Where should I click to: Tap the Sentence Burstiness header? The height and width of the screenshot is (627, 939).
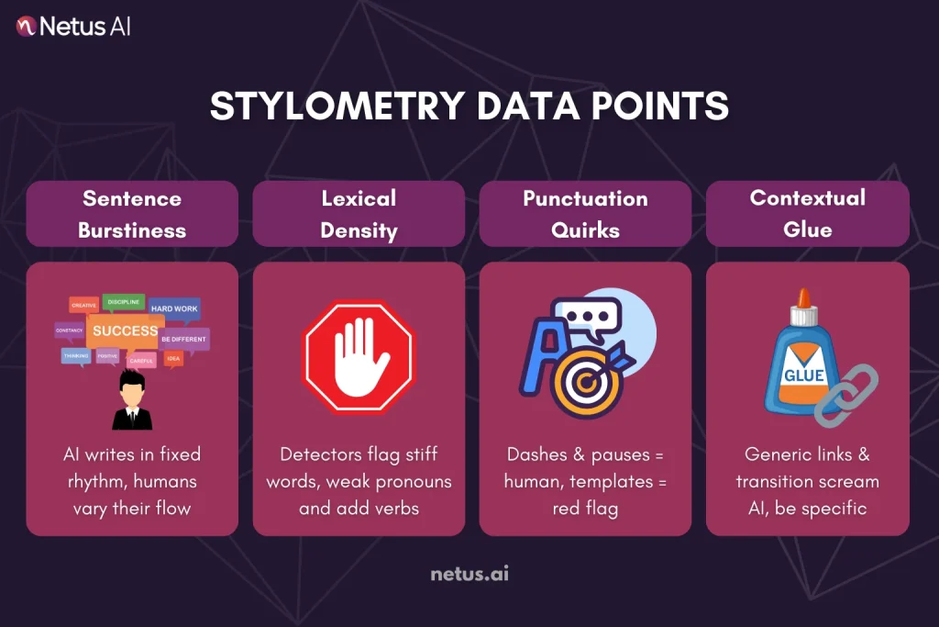point(132,214)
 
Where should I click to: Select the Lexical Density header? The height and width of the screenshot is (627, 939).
point(359,214)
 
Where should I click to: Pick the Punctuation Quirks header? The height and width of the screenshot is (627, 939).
point(585,214)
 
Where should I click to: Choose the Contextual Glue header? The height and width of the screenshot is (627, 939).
point(807,214)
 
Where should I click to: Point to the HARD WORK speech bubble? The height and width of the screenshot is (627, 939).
point(174,308)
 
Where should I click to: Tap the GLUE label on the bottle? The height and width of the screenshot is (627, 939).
point(804,375)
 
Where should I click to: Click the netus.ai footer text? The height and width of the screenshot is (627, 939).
point(469,575)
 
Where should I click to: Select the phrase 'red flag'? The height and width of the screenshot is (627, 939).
point(585,508)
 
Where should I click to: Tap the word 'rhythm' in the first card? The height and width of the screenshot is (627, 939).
point(98,481)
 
